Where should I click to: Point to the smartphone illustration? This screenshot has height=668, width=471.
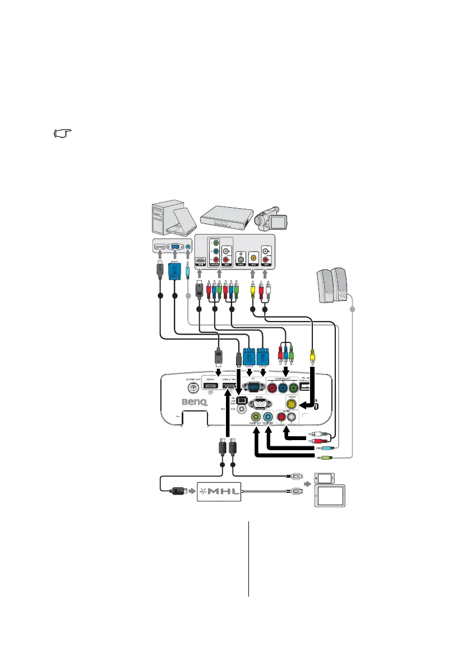coord(324,478)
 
